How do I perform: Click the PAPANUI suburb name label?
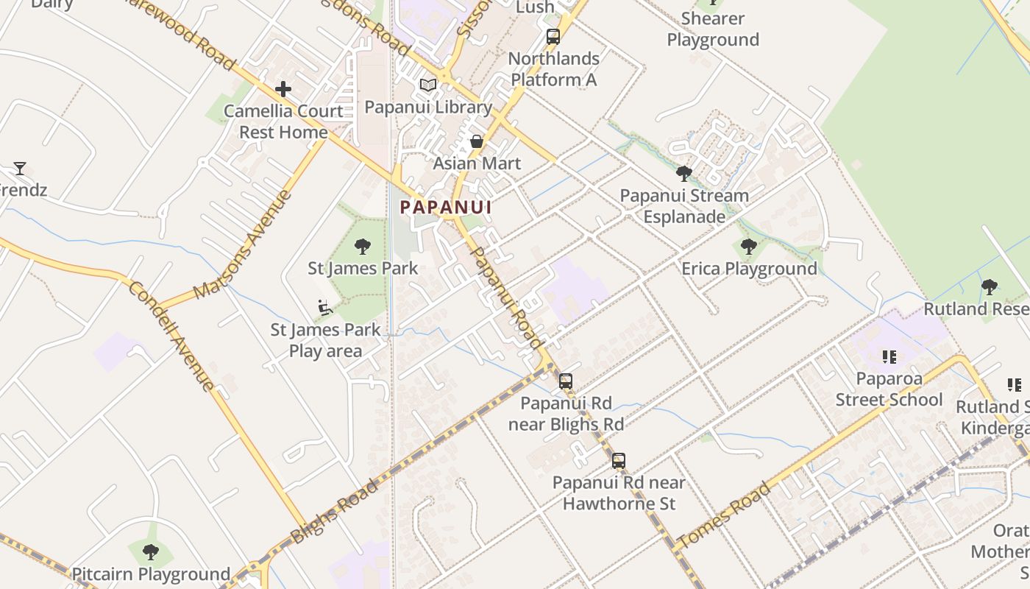coord(446,208)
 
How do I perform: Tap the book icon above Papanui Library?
coord(428,85)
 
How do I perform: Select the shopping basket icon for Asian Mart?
coord(477,141)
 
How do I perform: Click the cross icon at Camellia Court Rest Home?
coord(283,89)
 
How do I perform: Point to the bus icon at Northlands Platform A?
coord(553,37)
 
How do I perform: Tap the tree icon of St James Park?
coord(363,246)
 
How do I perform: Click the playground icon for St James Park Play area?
coord(325,307)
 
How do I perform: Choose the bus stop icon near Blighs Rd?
coord(566,381)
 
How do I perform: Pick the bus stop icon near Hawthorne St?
coord(619,461)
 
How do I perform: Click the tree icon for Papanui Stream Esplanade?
coord(684,174)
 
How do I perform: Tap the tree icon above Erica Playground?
coord(749,247)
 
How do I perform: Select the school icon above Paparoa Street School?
coord(889,357)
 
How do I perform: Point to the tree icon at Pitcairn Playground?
coord(151,551)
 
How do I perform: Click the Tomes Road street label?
coord(724,515)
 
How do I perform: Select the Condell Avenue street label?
coord(172,335)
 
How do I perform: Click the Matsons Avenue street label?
coord(244,244)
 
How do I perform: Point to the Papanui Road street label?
coord(505,297)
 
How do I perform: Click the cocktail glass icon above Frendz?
coord(20,169)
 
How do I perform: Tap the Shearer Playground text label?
coord(713,29)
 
